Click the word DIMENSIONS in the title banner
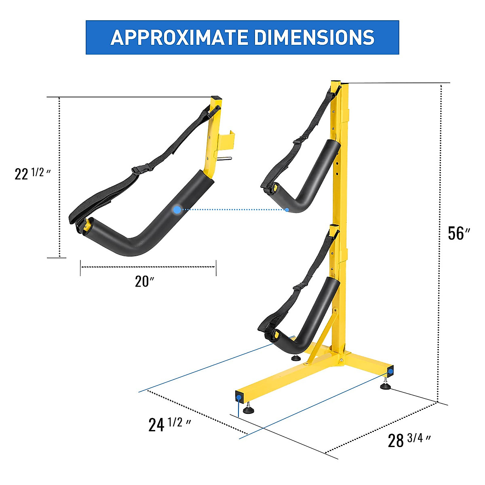tap(314, 38)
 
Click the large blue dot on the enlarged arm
tap(177, 209)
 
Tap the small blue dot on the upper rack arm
tap(287, 209)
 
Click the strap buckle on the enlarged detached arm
tap(138, 171)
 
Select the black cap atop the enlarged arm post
tap(216, 98)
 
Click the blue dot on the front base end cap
tap(239, 397)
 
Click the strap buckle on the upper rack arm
tap(298, 141)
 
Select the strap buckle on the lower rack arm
tap(298, 287)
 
